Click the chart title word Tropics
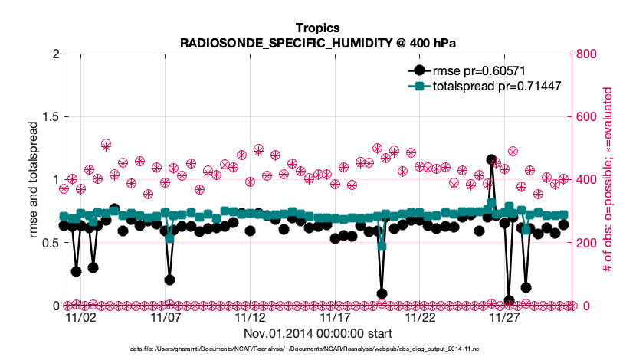point(317,28)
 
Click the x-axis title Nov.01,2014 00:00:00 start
point(317,333)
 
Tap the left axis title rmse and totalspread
point(34,180)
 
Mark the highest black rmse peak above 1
point(491,159)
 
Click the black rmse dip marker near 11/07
point(169,280)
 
